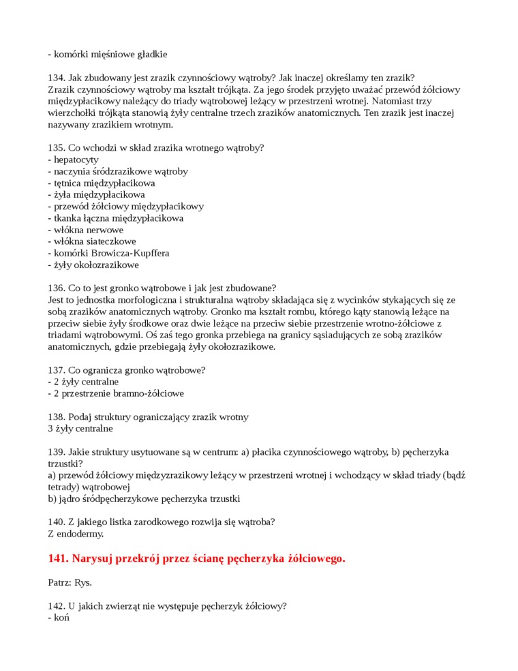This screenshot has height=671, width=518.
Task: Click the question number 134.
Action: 57,78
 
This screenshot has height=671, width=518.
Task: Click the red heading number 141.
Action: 59,559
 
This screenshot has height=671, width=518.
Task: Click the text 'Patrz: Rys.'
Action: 70,583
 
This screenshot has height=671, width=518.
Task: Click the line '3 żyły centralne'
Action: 80,429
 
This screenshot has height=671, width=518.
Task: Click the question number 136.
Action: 57,288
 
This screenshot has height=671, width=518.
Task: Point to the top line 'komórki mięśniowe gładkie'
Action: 110,54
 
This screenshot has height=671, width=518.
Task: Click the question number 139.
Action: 57,452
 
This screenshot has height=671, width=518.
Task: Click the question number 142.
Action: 57,606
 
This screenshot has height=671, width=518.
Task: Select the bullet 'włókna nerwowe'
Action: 88,230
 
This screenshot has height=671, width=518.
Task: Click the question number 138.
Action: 57,417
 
